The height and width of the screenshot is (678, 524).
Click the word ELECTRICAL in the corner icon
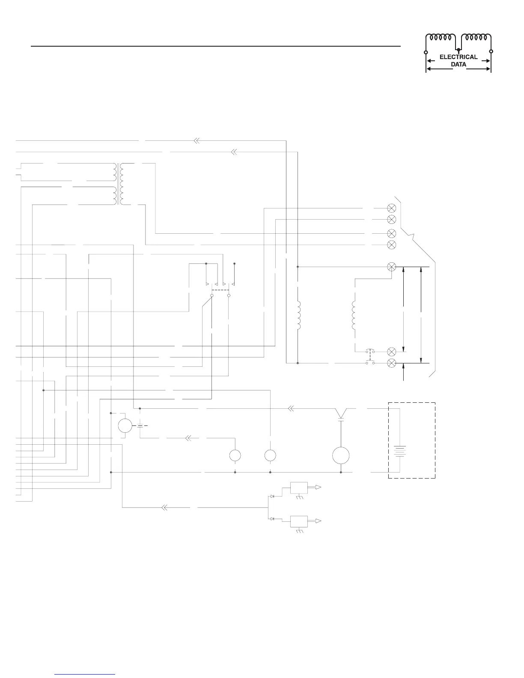(x=458, y=57)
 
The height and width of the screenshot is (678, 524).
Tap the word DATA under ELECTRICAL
(x=458, y=65)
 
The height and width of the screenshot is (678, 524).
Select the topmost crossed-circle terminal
(x=391, y=208)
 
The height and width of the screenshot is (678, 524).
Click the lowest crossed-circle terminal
(x=391, y=363)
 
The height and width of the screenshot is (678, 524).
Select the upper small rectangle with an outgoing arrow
(x=299, y=488)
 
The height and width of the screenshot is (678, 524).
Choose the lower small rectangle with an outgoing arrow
(x=299, y=522)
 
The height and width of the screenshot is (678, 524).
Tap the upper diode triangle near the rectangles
(x=272, y=496)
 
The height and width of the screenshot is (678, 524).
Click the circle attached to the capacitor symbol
(x=125, y=426)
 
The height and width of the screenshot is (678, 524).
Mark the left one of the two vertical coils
(x=299, y=316)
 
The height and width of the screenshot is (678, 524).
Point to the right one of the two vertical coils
(x=354, y=316)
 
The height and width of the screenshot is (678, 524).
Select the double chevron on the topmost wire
(x=196, y=140)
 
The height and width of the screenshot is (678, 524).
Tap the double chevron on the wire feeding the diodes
(x=164, y=508)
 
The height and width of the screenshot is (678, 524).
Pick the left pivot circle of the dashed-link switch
(x=212, y=295)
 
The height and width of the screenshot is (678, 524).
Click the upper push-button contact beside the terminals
(x=370, y=352)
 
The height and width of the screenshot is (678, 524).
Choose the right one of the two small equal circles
(x=270, y=455)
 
